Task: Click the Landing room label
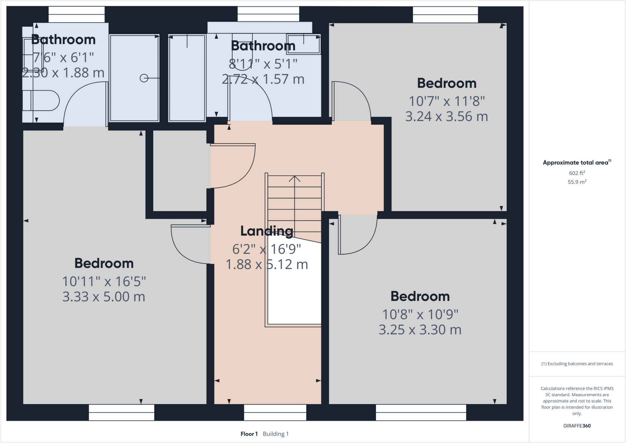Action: (267, 231)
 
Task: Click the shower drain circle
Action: (144, 78)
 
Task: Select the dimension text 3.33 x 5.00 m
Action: (104, 297)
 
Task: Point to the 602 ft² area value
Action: (577, 173)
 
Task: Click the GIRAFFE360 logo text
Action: (577, 426)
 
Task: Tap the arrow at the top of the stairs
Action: (294, 178)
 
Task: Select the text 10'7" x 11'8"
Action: (447, 101)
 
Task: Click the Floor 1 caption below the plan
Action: (249, 434)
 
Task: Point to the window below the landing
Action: (275, 412)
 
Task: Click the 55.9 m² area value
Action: (577, 182)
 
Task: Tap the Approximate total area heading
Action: (576, 163)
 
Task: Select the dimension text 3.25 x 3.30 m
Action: (420, 330)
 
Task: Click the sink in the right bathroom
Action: (303, 44)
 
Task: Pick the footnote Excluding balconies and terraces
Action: (577, 364)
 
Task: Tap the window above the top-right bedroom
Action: (445, 15)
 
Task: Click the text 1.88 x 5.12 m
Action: (267, 264)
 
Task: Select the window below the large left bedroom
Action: (121, 412)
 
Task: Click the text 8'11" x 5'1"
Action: (263, 64)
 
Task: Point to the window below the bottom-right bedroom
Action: (421, 412)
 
